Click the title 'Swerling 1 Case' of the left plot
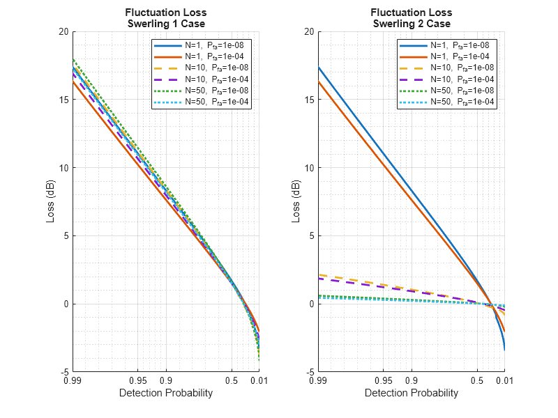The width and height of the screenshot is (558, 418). [165, 24]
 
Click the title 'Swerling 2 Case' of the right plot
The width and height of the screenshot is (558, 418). [411, 24]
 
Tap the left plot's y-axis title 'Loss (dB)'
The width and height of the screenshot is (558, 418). [50, 202]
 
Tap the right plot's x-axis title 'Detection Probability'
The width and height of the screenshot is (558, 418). [411, 393]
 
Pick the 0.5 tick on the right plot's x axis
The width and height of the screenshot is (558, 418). [477, 381]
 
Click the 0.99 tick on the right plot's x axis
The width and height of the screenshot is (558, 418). [318, 381]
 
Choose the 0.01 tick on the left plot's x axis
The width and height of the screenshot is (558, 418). [259, 381]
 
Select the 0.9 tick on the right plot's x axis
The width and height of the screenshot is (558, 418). [411, 381]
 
